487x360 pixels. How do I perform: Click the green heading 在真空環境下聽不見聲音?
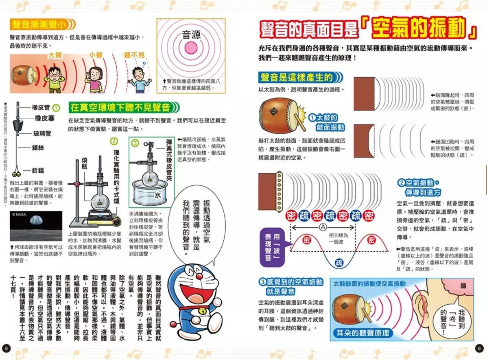tap(120, 108)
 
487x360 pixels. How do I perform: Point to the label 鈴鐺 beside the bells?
tap(41, 171)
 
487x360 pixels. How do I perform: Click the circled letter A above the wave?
tap(323, 227)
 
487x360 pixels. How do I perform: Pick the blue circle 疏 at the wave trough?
tap(339, 263)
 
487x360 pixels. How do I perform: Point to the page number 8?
tap(479, 348)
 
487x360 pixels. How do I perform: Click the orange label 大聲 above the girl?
tap(55, 55)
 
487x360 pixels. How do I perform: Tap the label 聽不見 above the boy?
tap(134, 55)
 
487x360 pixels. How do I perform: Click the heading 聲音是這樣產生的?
tap(296, 77)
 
